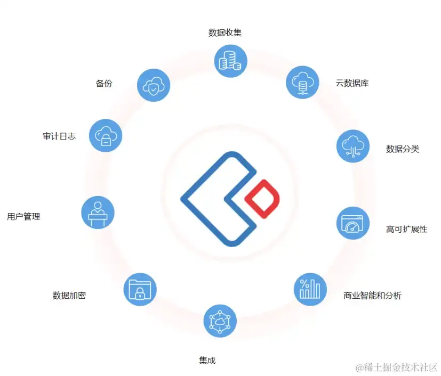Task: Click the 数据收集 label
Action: (x=225, y=33)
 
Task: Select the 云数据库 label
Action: (x=352, y=83)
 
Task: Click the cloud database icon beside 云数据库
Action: (x=302, y=82)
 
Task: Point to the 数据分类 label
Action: (x=403, y=149)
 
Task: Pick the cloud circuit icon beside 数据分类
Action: (x=353, y=146)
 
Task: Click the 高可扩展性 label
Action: (x=406, y=230)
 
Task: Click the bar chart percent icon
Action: (x=310, y=289)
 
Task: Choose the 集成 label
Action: (x=207, y=361)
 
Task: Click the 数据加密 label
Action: (x=69, y=296)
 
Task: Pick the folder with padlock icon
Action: (x=140, y=289)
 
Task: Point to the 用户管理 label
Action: (x=23, y=217)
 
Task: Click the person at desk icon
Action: (x=98, y=212)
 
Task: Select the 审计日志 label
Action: (x=59, y=136)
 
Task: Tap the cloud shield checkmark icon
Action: (x=154, y=85)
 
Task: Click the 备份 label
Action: (x=104, y=84)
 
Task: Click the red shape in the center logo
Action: (x=262, y=199)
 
